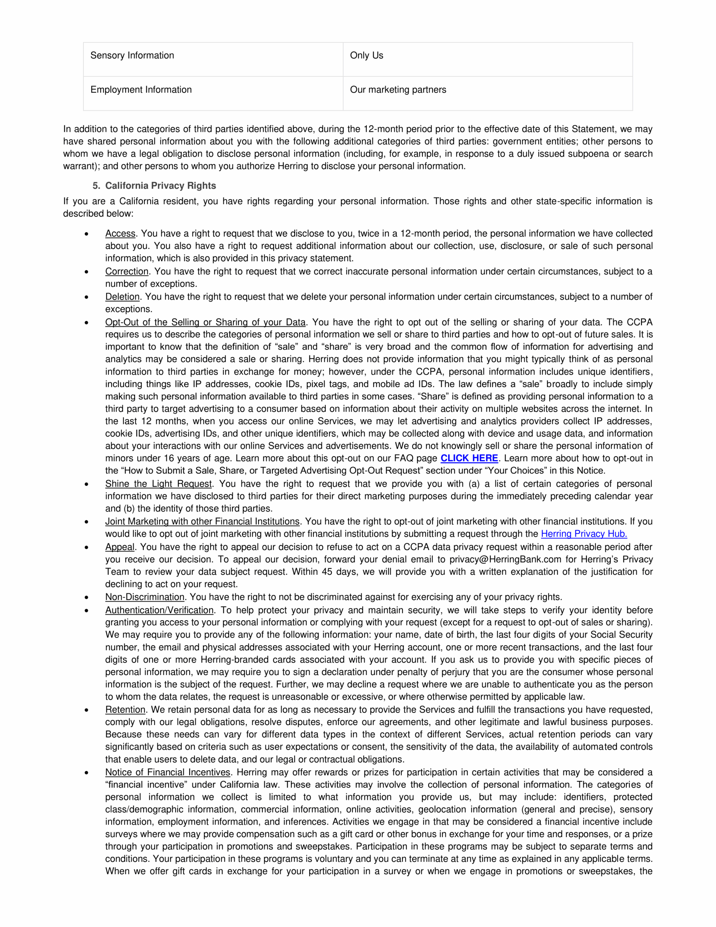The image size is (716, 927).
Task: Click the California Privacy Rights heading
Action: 160,186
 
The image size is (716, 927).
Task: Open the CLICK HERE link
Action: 469,458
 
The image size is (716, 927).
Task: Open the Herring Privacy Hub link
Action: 584,534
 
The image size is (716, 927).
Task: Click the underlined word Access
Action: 120,234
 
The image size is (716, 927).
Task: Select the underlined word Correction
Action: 126,272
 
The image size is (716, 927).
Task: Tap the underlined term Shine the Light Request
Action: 158,484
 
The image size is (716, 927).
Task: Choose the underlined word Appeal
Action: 120,547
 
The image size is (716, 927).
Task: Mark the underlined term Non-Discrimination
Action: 145,597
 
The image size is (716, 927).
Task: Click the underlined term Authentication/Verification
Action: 159,611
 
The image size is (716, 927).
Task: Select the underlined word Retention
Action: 125,710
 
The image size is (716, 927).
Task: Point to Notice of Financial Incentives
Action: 168,772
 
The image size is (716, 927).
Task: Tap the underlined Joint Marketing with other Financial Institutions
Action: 202,522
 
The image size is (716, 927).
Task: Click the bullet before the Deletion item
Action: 87,297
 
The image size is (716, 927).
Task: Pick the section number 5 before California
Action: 96,186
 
